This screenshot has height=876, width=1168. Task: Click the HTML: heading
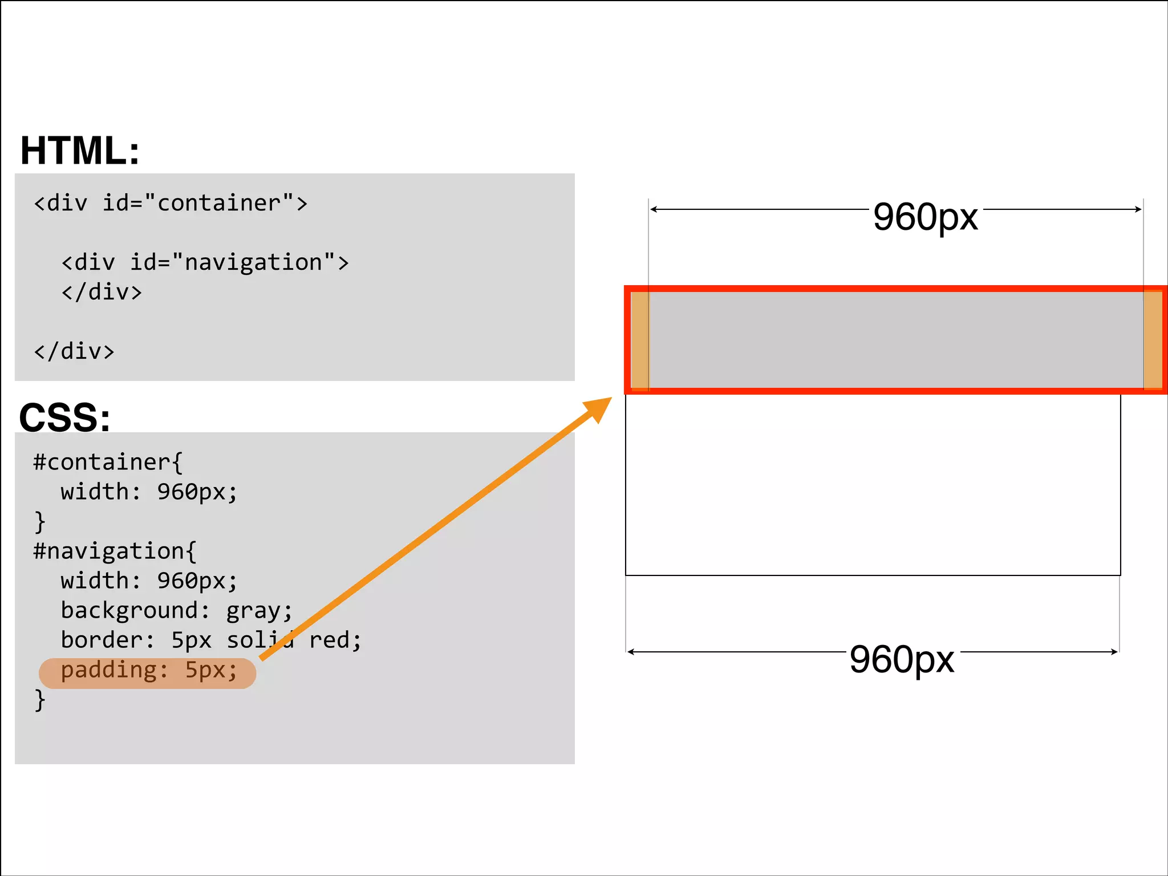[80, 151]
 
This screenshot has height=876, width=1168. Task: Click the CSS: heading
[64, 417]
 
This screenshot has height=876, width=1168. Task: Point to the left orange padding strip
[640, 340]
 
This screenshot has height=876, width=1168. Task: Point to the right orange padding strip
[1153, 340]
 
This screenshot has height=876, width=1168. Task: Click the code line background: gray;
[176, 610]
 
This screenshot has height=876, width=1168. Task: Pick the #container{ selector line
[108, 462]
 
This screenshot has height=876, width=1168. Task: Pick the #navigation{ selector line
[115, 551]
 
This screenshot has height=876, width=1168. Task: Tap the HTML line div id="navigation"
[205, 262]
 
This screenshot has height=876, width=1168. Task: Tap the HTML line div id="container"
[171, 203]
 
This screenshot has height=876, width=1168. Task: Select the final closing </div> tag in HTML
[74, 351]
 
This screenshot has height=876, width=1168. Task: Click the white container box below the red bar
[873, 485]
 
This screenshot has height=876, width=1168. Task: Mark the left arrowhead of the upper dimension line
[654, 209]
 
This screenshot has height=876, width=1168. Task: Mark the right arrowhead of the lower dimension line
[1114, 652]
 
